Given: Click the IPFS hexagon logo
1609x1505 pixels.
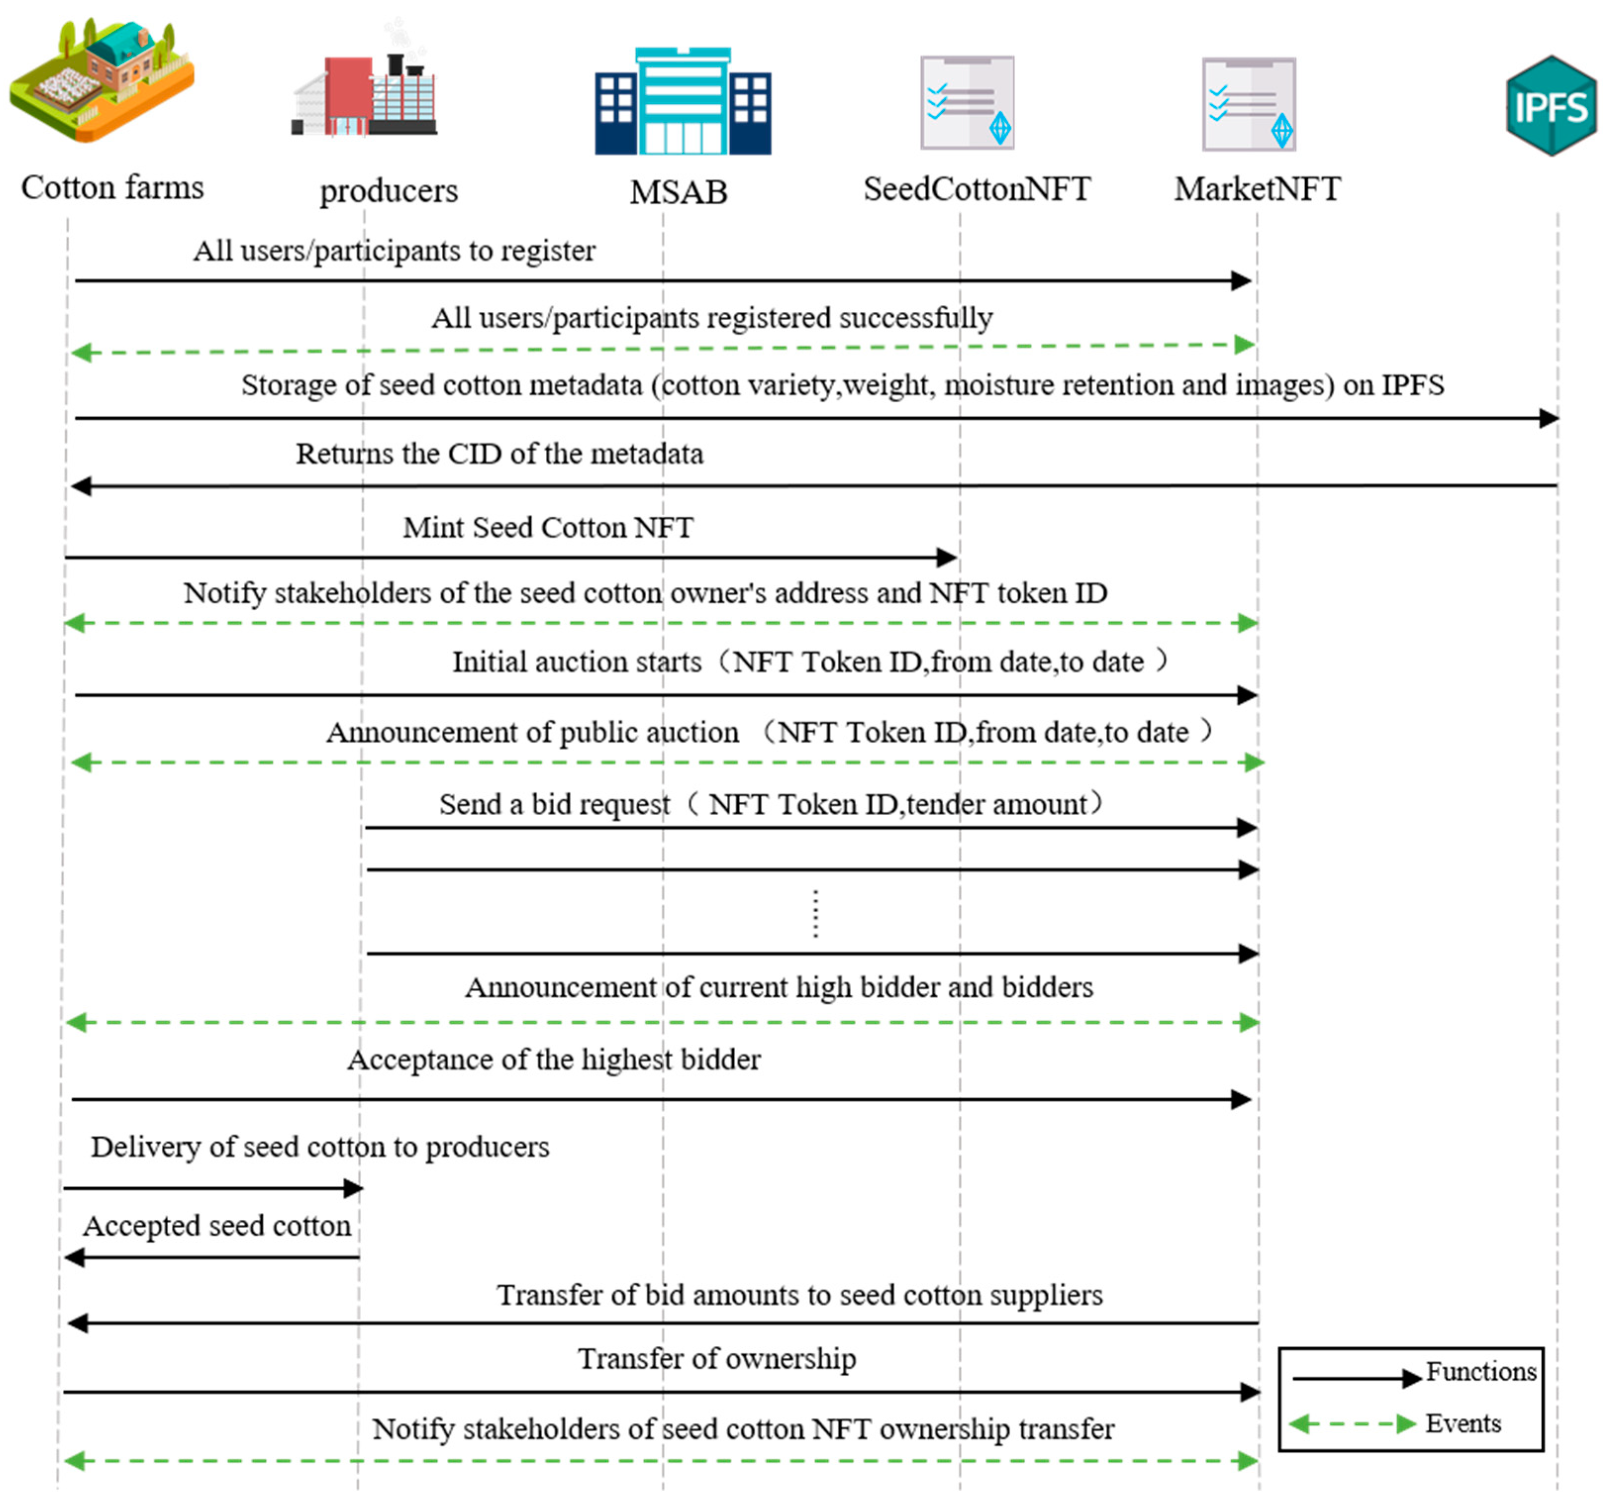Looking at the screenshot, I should [x=1551, y=105].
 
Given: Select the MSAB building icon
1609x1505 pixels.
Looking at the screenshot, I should [x=682, y=101].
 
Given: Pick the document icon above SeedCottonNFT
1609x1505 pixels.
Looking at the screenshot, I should [x=967, y=103].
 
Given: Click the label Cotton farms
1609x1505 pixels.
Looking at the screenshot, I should [x=112, y=188].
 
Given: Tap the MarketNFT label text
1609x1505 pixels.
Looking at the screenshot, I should [x=1257, y=190].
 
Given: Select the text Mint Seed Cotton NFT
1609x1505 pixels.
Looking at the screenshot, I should [x=548, y=528].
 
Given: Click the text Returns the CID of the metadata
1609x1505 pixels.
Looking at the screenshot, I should [x=499, y=454].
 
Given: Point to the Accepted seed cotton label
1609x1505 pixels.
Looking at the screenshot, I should [x=217, y=1226].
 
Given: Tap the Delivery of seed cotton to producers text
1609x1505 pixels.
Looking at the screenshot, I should [x=320, y=1147].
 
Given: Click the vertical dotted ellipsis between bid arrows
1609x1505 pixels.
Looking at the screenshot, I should [x=815, y=913].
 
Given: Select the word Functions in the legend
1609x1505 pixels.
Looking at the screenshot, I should [x=1480, y=1371].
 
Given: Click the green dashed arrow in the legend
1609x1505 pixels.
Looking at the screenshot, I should [x=1352, y=1424].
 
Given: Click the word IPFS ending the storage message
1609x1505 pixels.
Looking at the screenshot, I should [x=1412, y=386].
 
